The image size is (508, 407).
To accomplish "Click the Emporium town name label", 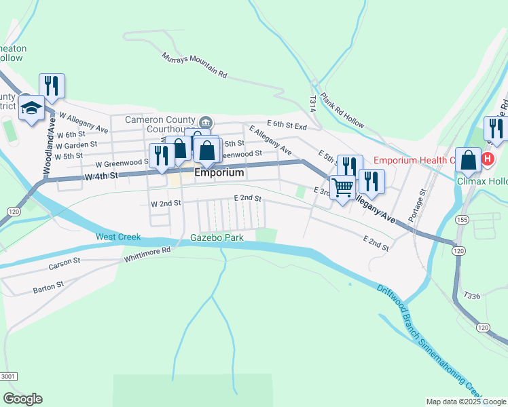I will coord(219,173).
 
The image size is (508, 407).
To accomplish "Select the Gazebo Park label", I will coord(217,238).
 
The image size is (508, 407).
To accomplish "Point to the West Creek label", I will coord(118,237).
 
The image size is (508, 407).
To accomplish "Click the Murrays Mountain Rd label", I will coord(194,65).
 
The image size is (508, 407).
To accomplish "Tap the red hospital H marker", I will coord(487,160).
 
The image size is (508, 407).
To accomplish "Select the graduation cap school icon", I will coord(32,109).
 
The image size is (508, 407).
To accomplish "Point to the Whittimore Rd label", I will coord(147,254).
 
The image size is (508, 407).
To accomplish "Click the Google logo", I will coord(23,399).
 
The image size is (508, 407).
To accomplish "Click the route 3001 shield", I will coord(8,376).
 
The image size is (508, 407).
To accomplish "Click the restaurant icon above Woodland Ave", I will coord(52,85).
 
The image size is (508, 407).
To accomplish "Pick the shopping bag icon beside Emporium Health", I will coord(469,161).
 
